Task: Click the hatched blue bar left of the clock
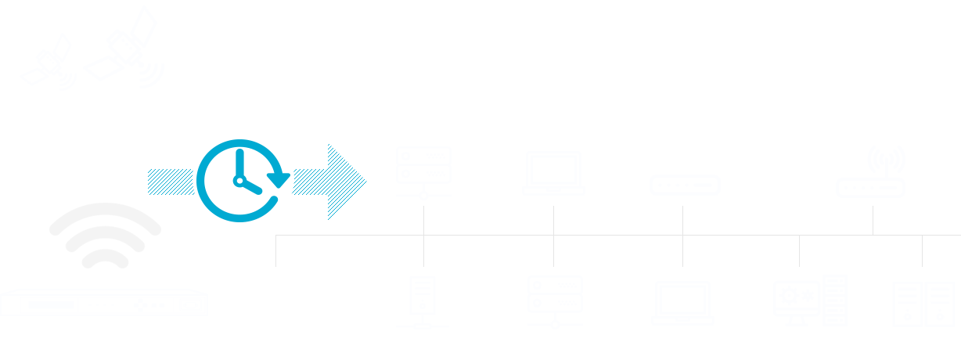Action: (x=171, y=182)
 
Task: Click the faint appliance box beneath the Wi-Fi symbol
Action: (x=103, y=303)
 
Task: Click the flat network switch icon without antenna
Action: (x=684, y=185)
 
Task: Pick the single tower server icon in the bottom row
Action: (x=423, y=300)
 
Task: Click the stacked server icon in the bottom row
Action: (x=554, y=300)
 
